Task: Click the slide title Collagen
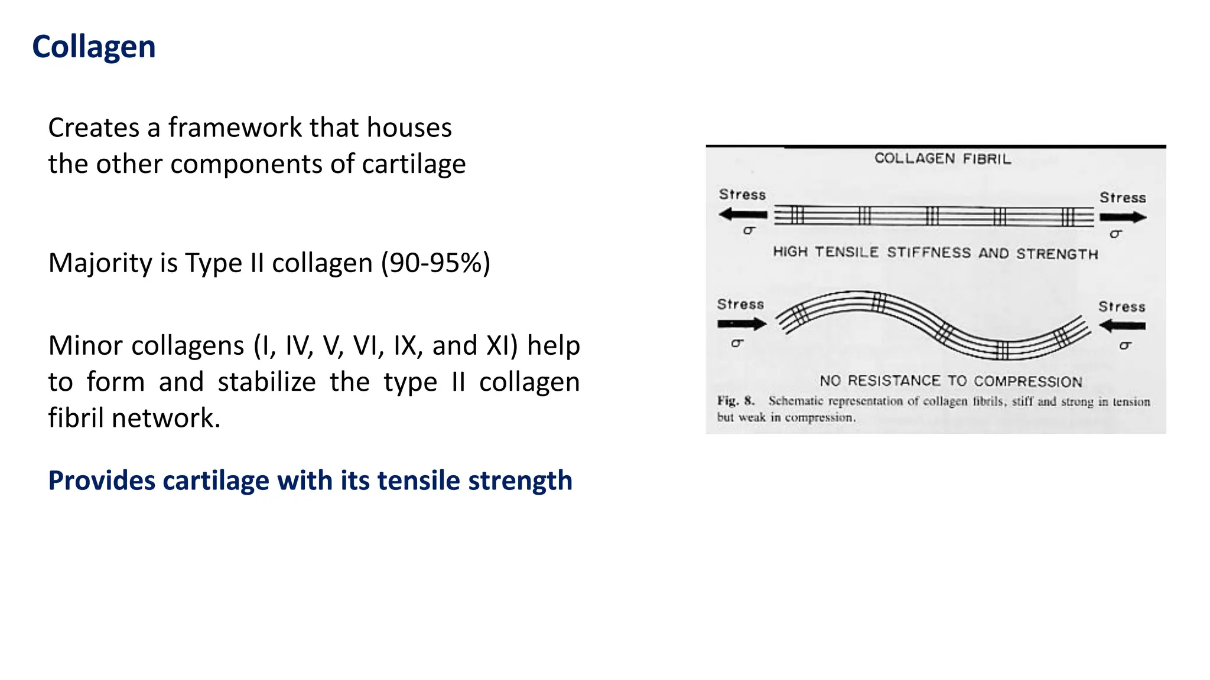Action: click(93, 47)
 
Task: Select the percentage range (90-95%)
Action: click(435, 263)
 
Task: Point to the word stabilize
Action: click(266, 382)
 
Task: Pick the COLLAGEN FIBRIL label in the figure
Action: click(942, 159)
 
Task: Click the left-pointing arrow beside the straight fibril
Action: click(743, 215)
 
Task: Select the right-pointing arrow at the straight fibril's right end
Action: click(1123, 217)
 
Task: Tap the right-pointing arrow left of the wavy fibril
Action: click(741, 323)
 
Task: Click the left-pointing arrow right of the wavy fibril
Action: click(1122, 325)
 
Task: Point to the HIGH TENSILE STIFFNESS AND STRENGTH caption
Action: click(935, 253)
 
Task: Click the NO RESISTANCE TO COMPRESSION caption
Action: click(951, 381)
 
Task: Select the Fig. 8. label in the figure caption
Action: click(736, 401)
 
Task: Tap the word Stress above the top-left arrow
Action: click(742, 195)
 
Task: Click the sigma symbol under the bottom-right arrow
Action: click(1125, 346)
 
